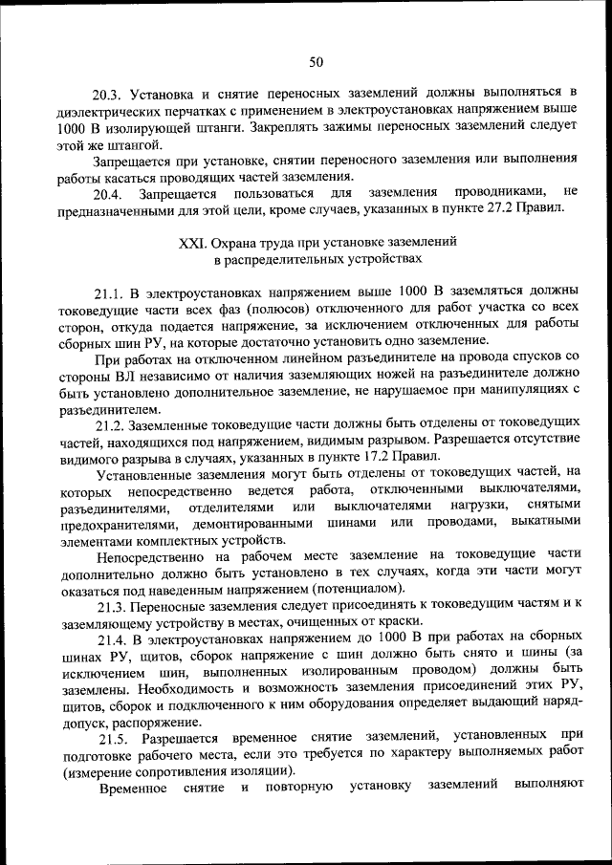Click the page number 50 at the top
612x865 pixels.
(x=316, y=62)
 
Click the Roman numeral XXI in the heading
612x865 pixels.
(x=192, y=243)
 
